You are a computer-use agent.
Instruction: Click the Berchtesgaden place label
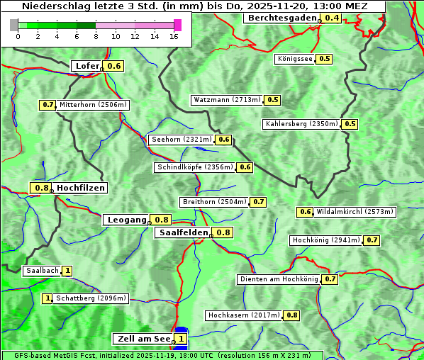coord(281,18)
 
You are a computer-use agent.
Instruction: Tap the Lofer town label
coord(87,66)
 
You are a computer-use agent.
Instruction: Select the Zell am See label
coord(143,339)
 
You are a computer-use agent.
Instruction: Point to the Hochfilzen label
coord(80,188)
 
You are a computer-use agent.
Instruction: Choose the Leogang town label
coord(127,220)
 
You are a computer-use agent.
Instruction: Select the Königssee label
coord(295,59)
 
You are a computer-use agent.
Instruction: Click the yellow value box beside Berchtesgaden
coord(332,18)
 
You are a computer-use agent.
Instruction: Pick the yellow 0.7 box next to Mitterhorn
coord(48,105)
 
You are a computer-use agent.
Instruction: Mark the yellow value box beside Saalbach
coord(67,271)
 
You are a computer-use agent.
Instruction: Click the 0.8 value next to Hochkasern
coord(291,315)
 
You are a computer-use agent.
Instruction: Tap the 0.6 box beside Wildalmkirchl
coord(305,212)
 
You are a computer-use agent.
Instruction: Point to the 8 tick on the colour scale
coord(96,35)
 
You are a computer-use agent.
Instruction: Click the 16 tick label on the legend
coord(174,35)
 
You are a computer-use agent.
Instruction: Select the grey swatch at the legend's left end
coord(14,25)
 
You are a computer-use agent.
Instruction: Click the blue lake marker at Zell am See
coord(182,330)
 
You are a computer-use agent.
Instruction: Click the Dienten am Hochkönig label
coord(278,279)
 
